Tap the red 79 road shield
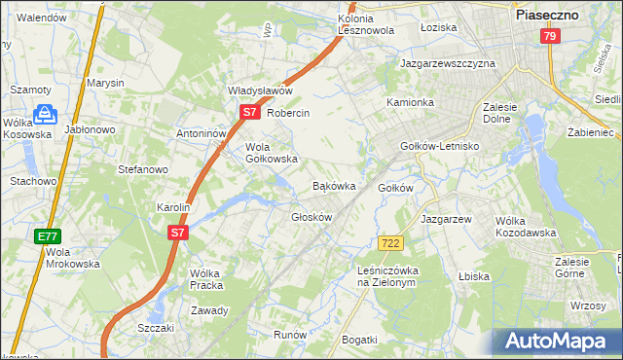tap(550, 36)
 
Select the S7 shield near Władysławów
tap(250, 113)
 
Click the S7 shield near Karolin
tap(176, 233)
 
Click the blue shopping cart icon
tap(43, 116)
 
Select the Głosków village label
tap(312, 217)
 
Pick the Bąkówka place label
tap(333, 185)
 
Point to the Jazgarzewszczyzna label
tap(448, 63)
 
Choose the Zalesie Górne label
tap(578, 267)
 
